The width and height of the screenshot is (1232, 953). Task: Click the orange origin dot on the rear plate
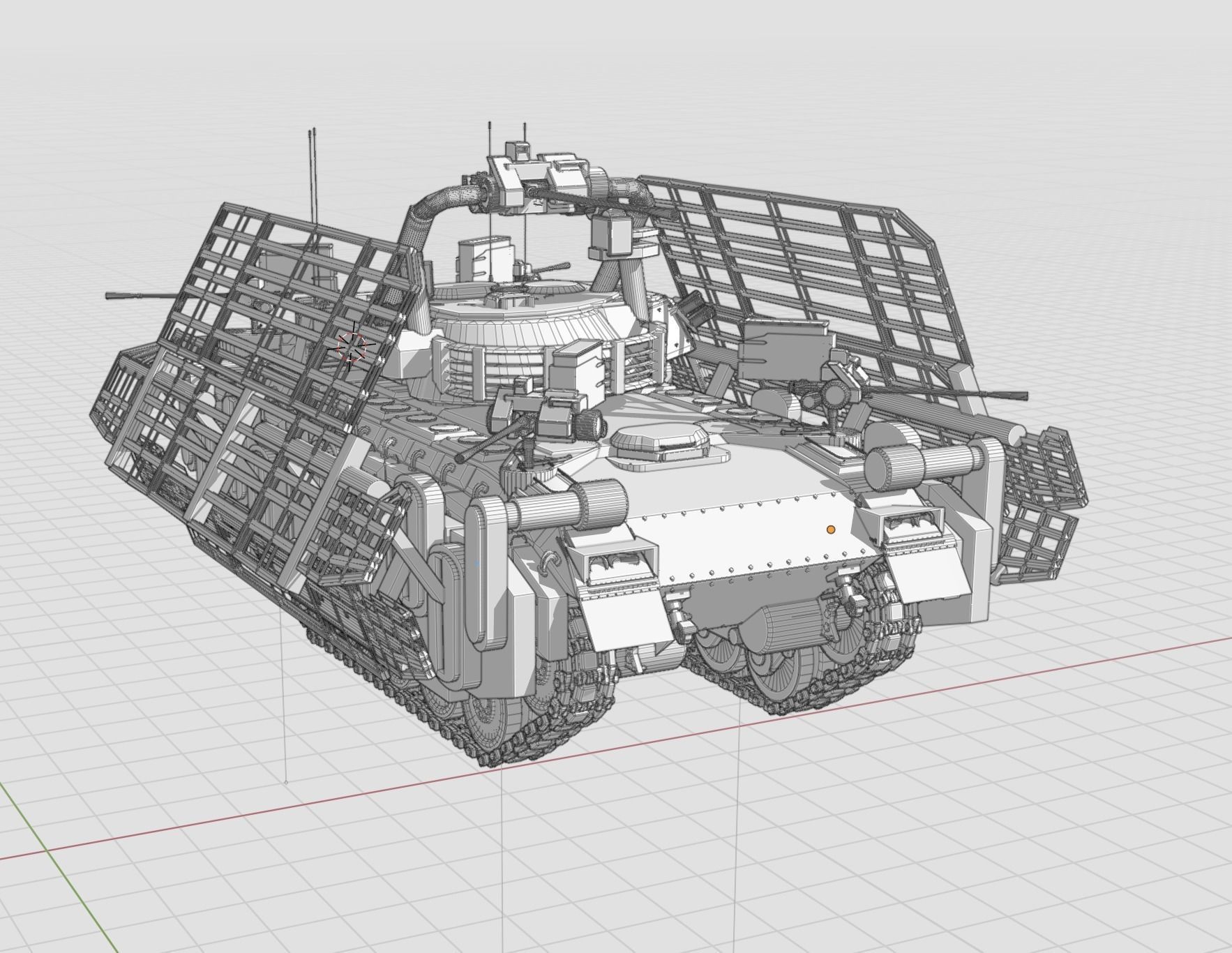tap(830, 530)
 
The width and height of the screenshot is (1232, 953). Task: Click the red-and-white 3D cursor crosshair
tap(351, 346)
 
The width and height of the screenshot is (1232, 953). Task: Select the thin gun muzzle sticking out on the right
tap(1005, 396)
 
